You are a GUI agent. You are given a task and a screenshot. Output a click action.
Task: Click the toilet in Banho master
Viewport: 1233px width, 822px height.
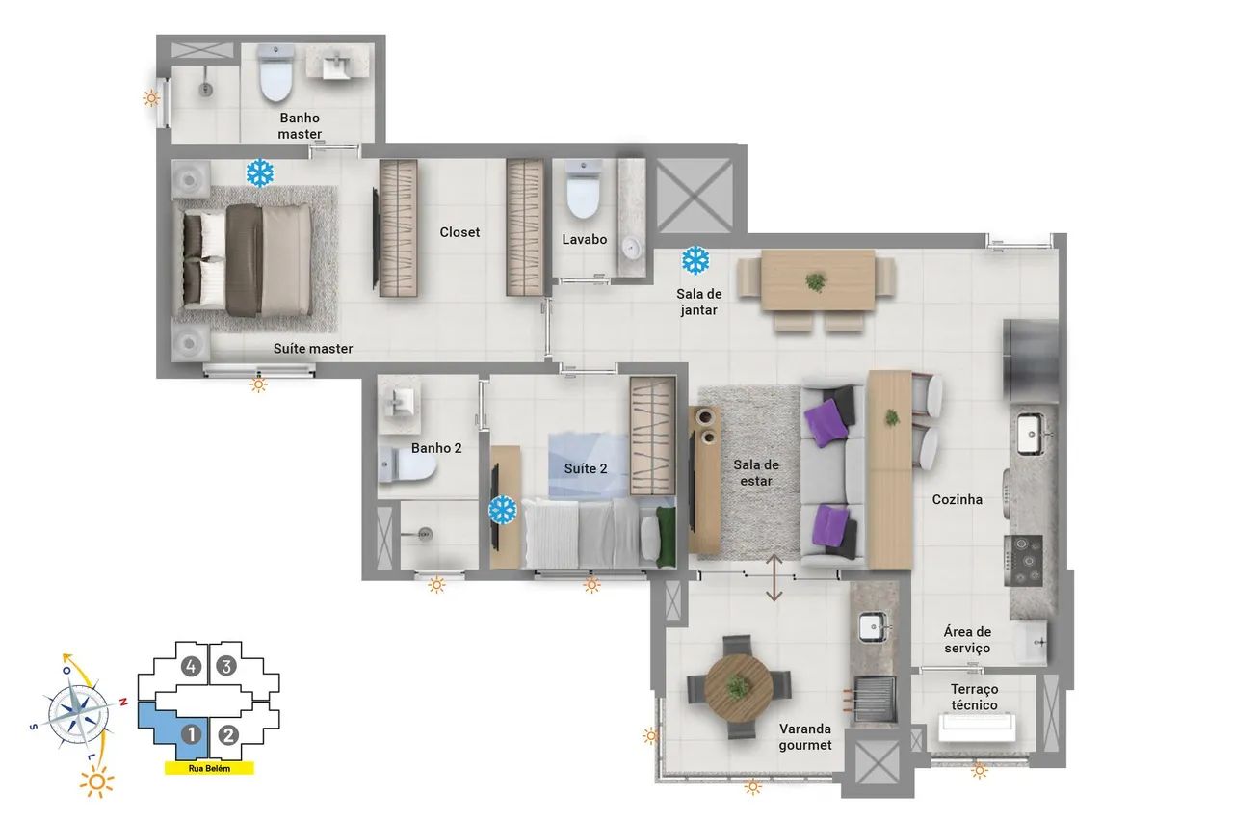275,74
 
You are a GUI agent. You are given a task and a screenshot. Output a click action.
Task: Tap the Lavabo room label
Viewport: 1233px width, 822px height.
584,240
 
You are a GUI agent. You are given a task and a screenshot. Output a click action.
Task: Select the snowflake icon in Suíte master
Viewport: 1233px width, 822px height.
260,172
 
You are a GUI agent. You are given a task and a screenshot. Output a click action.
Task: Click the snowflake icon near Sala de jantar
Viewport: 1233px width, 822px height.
695,260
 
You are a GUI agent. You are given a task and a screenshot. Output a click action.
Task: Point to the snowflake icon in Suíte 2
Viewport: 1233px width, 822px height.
502,510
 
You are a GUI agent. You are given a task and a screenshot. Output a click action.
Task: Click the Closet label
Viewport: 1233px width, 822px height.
459,232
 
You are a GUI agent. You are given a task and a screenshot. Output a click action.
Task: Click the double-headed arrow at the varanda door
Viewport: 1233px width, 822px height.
774,577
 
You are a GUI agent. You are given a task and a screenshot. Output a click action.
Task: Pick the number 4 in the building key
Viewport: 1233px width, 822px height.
191,667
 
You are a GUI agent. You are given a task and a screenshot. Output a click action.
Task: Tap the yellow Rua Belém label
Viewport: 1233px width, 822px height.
209,768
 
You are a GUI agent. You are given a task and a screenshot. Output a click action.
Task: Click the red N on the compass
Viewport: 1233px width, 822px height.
124,702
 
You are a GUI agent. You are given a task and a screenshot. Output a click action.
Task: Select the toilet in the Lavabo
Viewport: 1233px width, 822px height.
583,190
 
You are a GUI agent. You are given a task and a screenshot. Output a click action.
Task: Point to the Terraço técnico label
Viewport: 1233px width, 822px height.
974,697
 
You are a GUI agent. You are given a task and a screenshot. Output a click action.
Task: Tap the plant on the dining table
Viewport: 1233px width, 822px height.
816,282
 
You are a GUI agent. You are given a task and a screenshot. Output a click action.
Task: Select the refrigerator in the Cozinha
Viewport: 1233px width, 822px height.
1031,360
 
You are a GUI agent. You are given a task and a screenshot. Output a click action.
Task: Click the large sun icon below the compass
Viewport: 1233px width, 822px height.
97,782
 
